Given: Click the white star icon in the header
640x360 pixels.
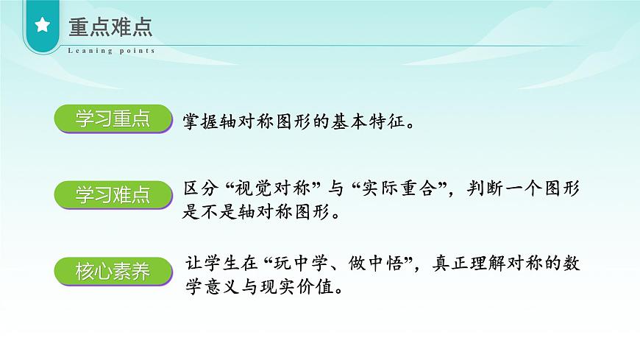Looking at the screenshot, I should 42,27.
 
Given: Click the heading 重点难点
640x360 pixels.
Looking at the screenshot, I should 110,27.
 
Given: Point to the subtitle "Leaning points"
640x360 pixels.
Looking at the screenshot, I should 111,51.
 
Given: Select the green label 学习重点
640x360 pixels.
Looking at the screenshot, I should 113,120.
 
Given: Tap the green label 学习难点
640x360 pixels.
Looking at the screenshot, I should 113,195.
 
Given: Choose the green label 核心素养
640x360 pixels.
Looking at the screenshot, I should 113,272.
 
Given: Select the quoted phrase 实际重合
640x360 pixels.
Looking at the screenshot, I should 401,188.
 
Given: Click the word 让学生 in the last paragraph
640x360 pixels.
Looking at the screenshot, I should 213,263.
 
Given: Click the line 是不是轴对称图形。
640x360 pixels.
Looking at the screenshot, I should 261,213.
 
